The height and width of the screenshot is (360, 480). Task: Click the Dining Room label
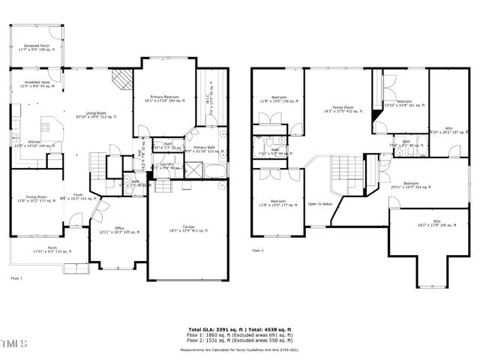(34, 199)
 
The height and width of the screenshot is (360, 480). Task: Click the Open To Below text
(320, 204)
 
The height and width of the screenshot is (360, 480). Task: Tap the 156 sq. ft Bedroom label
(279, 98)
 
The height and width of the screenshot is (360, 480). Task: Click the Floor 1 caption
(16, 277)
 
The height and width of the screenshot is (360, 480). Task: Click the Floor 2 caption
(258, 250)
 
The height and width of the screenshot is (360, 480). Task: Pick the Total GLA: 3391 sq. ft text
(208, 328)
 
